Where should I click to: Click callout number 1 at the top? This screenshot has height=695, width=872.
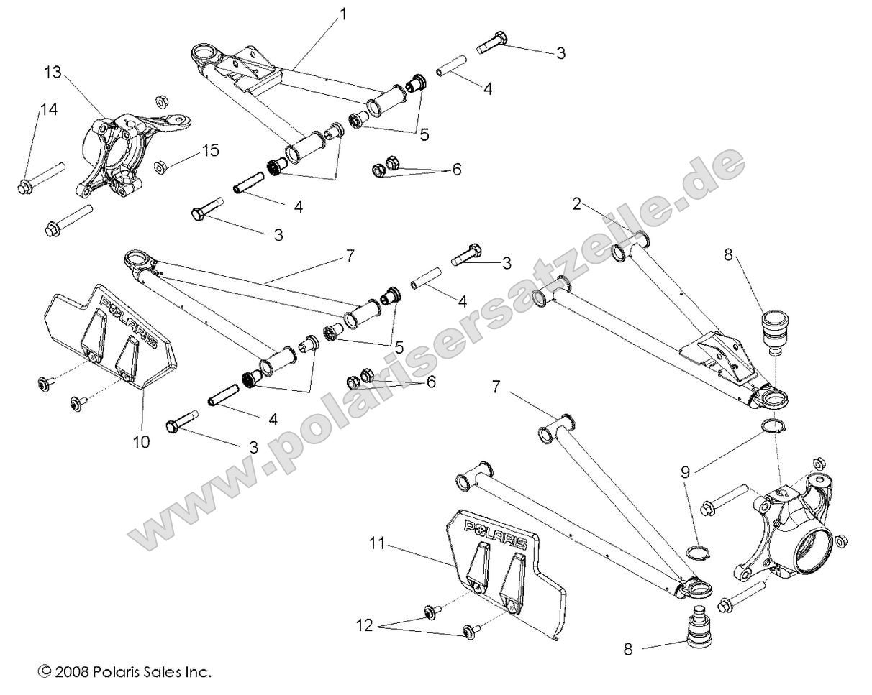click(342, 14)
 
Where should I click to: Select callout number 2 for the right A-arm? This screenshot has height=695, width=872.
click(577, 203)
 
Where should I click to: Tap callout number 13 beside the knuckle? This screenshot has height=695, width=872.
click(53, 74)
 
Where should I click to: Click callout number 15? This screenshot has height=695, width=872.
click(209, 151)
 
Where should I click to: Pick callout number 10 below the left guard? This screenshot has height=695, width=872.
click(141, 441)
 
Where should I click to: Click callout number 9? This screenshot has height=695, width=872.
click(686, 472)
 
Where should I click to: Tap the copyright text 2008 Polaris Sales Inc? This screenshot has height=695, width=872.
click(124, 673)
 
